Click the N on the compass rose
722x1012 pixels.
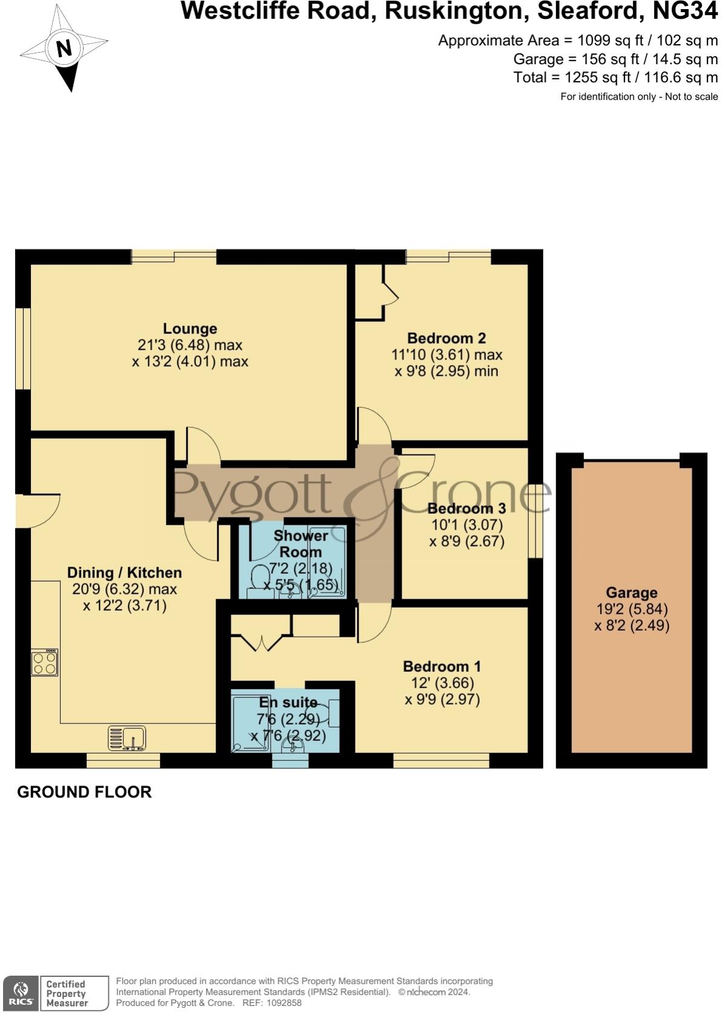click(x=64, y=47)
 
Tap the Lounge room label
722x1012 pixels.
click(x=190, y=329)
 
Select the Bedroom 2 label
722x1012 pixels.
click(x=446, y=338)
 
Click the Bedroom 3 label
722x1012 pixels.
click(x=466, y=508)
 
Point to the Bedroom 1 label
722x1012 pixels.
click(x=442, y=666)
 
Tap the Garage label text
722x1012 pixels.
click(x=631, y=593)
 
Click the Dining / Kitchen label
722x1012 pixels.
click(x=124, y=573)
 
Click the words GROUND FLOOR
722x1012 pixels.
click(x=84, y=792)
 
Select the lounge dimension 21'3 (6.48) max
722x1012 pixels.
click(x=190, y=345)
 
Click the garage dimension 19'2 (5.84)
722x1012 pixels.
click(x=631, y=609)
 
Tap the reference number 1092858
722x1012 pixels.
click(x=280, y=1003)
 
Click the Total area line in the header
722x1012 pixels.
click(x=615, y=77)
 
